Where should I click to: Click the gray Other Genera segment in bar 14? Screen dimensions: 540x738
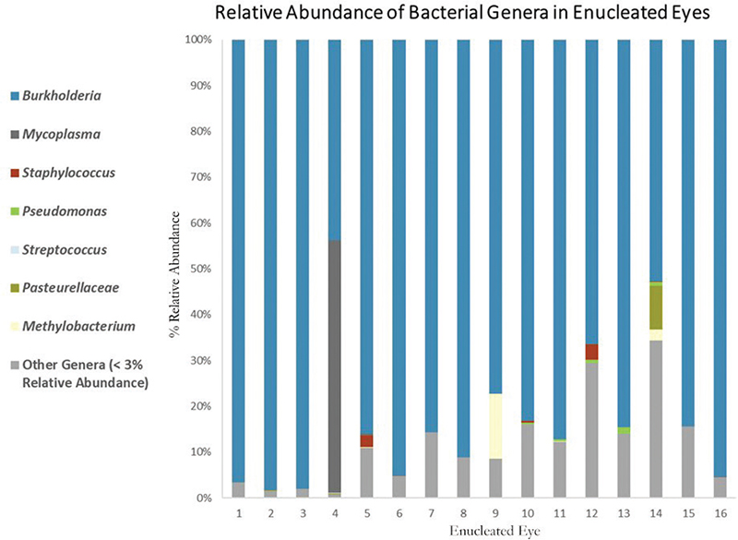coord(657,420)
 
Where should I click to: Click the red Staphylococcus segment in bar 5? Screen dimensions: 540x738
coord(366,440)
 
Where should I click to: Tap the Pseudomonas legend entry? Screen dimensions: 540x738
coord(65,211)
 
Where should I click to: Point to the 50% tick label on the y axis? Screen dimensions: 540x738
coord(201,269)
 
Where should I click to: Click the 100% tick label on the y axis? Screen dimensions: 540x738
coord(199,41)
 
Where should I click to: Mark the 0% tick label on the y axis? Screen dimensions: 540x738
coord(204,498)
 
